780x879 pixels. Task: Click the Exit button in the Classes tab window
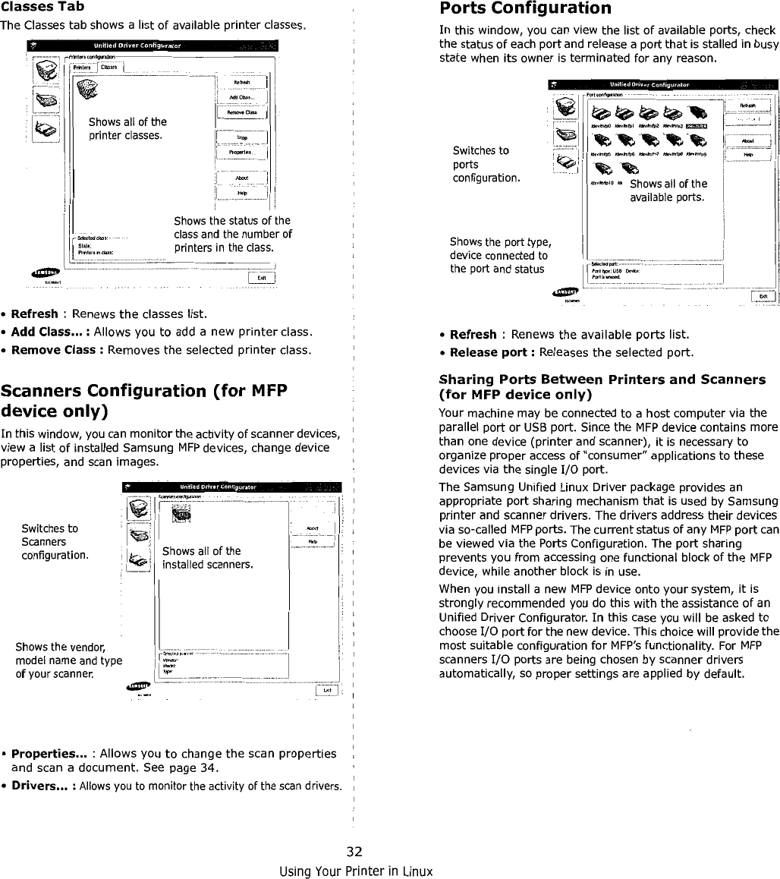pos(260,276)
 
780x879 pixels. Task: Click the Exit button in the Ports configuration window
pos(763,296)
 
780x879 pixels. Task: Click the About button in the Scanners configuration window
pos(312,530)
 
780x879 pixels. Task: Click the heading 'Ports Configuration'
pos(525,9)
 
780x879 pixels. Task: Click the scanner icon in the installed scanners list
pos(180,512)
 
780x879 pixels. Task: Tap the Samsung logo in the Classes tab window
pos(46,273)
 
